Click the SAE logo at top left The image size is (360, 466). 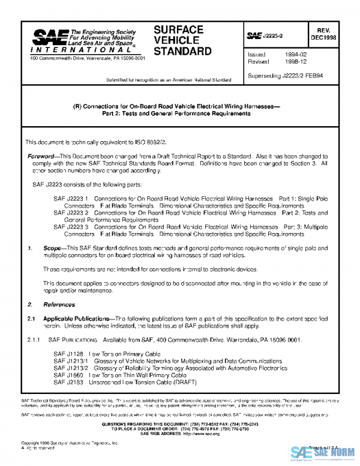[49, 38]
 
